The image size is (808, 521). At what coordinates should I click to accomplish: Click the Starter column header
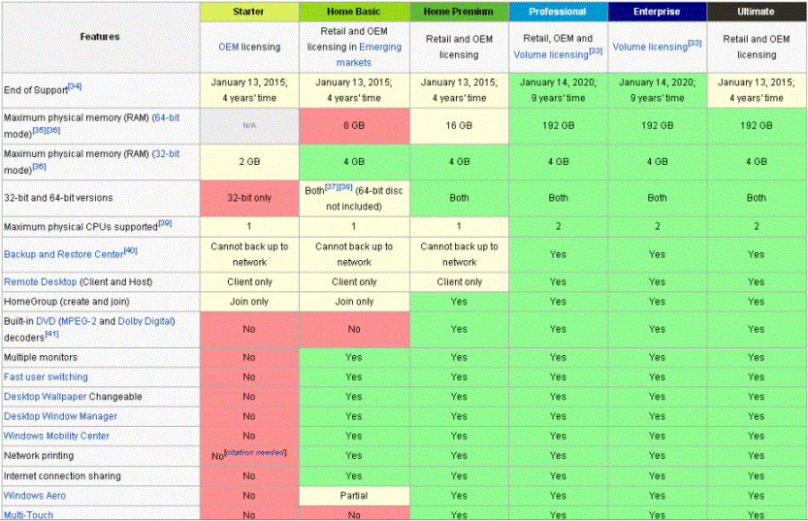point(248,12)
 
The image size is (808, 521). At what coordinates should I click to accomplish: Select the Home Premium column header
point(459,12)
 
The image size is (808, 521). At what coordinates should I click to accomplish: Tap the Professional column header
point(558,12)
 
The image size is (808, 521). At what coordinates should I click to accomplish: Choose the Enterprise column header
point(657,12)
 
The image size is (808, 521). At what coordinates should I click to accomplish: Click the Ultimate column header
point(756,12)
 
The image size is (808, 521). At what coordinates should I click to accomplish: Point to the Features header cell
point(100,37)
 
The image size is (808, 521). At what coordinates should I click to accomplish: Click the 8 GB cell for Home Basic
point(354,125)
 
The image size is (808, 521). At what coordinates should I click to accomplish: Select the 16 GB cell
point(459,125)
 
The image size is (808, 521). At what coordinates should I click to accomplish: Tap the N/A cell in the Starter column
point(248,125)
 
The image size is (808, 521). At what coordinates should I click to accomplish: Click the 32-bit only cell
point(248,197)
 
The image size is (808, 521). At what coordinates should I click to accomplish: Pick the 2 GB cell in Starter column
point(248,161)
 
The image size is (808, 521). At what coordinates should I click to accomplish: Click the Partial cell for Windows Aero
point(354,496)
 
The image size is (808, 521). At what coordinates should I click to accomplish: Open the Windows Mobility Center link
point(56,436)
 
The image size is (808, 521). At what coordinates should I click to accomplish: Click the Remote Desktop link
point(41,281)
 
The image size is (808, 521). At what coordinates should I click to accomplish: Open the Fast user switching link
point(46,376)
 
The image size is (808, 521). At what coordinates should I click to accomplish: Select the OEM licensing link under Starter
point(248,47)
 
